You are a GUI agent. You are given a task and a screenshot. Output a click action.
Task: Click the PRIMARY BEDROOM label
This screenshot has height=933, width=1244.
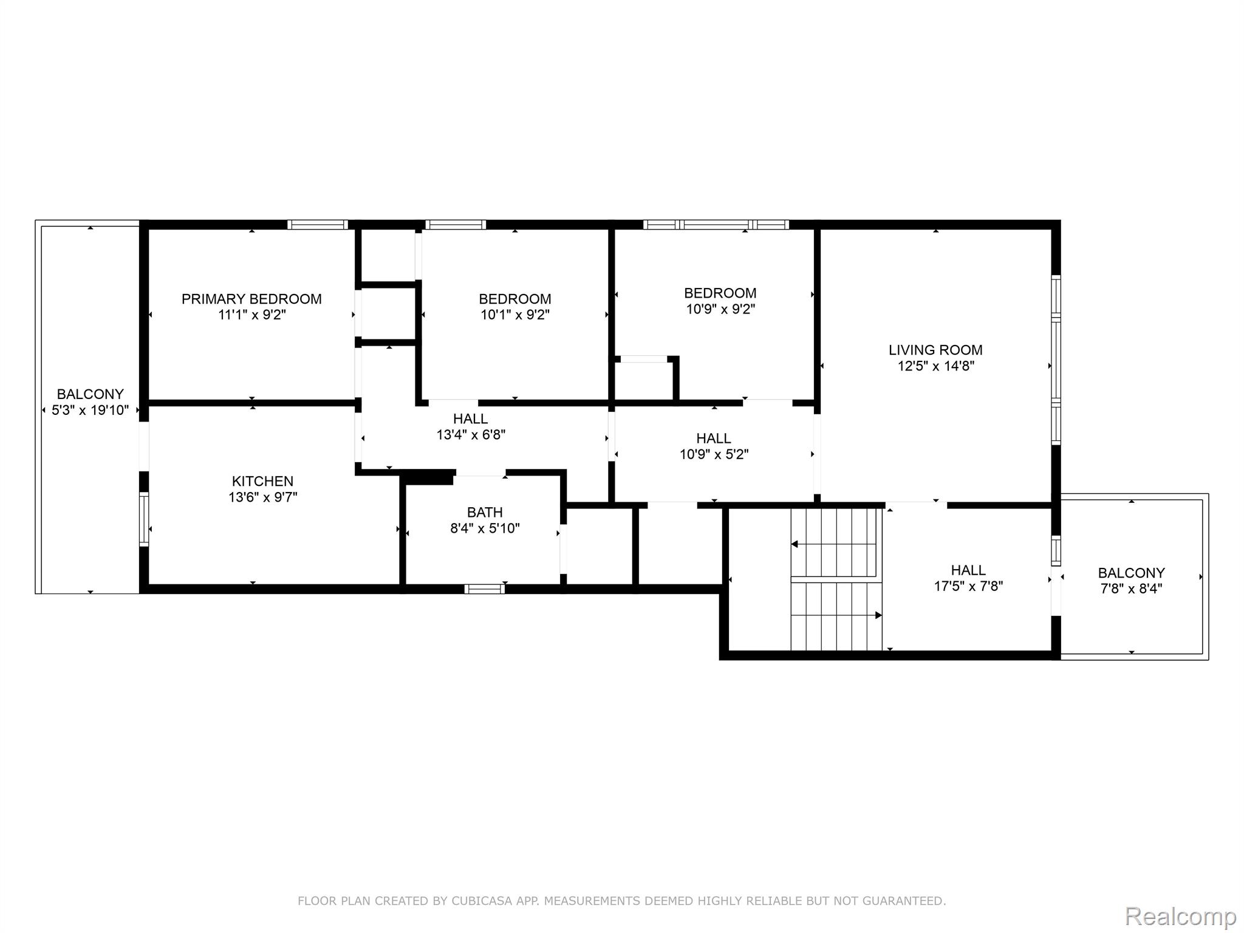click(x=251, y=299)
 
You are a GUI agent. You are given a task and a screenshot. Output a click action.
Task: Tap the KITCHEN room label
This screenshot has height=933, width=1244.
click(x=262, y=481)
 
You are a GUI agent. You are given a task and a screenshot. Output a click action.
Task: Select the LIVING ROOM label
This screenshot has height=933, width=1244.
click(x=935, y=350)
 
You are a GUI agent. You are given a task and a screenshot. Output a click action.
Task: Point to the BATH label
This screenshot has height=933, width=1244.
click(x=485, y=512)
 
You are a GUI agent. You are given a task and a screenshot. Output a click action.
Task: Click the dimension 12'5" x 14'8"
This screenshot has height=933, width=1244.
click(x=936, y=366)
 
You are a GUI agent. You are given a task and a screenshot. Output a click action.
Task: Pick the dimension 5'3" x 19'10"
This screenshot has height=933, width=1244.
click(x=91, y=410)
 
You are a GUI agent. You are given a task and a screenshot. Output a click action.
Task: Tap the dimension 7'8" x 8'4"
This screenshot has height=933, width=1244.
click(x=1131, y=589)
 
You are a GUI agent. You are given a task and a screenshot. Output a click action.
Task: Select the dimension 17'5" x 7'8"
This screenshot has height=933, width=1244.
click(x=968, y=586)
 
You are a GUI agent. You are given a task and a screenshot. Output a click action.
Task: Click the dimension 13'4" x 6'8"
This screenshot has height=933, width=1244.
click(x=471, y=434)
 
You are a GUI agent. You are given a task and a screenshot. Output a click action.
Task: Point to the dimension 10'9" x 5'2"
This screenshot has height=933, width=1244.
click(x=714, y=454)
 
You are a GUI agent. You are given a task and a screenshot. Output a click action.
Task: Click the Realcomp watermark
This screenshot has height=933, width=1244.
click(x=1180, y=915)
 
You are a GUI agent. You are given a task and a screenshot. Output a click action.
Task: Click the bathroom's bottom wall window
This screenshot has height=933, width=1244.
click(x=485, y=588)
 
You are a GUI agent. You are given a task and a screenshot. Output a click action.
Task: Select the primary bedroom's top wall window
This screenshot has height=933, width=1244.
click(x=318, y=224)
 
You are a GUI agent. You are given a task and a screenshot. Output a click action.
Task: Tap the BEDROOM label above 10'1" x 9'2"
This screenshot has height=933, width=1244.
click(x=515, y=299)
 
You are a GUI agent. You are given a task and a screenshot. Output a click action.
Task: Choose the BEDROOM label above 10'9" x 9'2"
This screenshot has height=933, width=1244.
click(x=720, y=293)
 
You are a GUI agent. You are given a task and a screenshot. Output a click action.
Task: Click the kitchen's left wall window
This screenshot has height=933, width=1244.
click(x=144, y=519)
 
